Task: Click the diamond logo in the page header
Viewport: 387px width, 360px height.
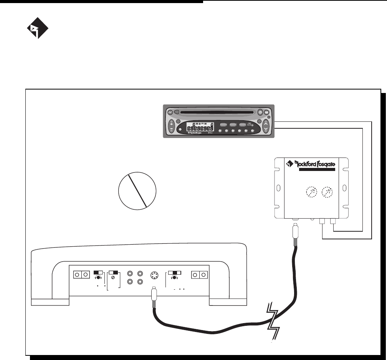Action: (x=37, y=30)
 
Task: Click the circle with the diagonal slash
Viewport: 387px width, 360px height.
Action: (x=137, y=189)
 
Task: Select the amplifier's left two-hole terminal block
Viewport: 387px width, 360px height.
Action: (x=81, y=275)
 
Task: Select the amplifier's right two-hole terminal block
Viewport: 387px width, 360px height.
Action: (x=201, y=275)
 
